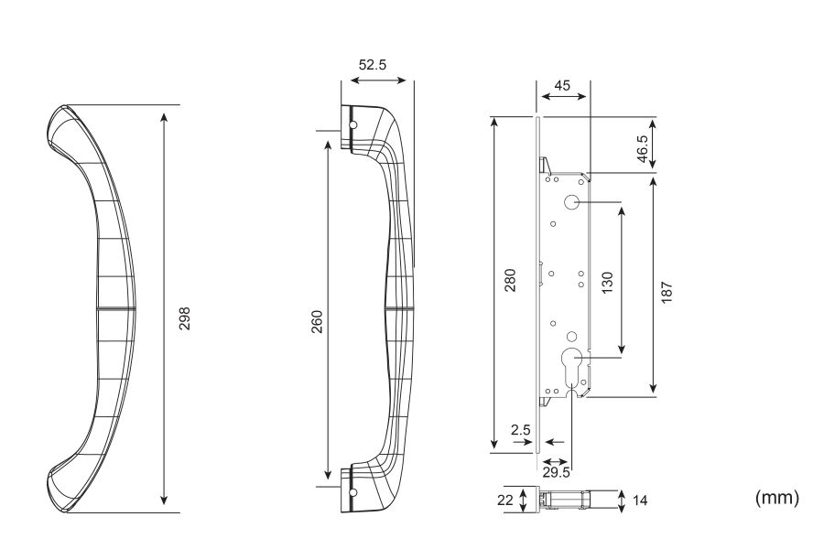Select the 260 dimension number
click(x=317, y=321)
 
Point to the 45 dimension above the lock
click(x=562, y=85)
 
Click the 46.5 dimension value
click(x=643, y=147)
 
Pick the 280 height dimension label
click(x=510, y=279)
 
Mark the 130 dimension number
click(x=606, y=281)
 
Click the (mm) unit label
click(x=776, y=497)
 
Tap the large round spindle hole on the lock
click(x=570, y=202)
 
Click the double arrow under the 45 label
click(x=562, y=96)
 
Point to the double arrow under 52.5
click(x=375, y=80)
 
